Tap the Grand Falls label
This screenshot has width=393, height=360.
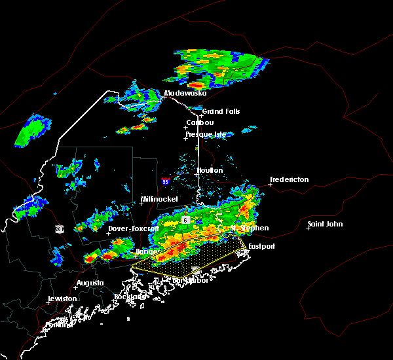click(221, 111)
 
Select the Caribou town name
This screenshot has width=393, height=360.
click(200, 122)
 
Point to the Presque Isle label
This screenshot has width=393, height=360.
click(206, 134)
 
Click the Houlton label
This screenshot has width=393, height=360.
click(210, 170)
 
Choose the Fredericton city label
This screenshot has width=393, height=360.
click(289, 179)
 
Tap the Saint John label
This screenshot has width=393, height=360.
click(325, 224)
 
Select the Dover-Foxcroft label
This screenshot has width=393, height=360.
click(133, 228)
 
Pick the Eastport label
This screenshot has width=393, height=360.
click(261, 246)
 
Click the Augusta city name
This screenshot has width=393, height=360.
click(90, 283)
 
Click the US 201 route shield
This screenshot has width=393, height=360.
click(59, 228)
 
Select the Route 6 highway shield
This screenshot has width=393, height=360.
click(185, 220)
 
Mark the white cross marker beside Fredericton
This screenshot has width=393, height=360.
click(270, 185)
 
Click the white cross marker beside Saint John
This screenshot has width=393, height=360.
click(309, 228)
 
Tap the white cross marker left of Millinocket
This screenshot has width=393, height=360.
click(140, 204)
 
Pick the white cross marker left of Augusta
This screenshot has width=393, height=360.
click(74, 287)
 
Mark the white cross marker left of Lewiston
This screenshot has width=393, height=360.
click(48, 302)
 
